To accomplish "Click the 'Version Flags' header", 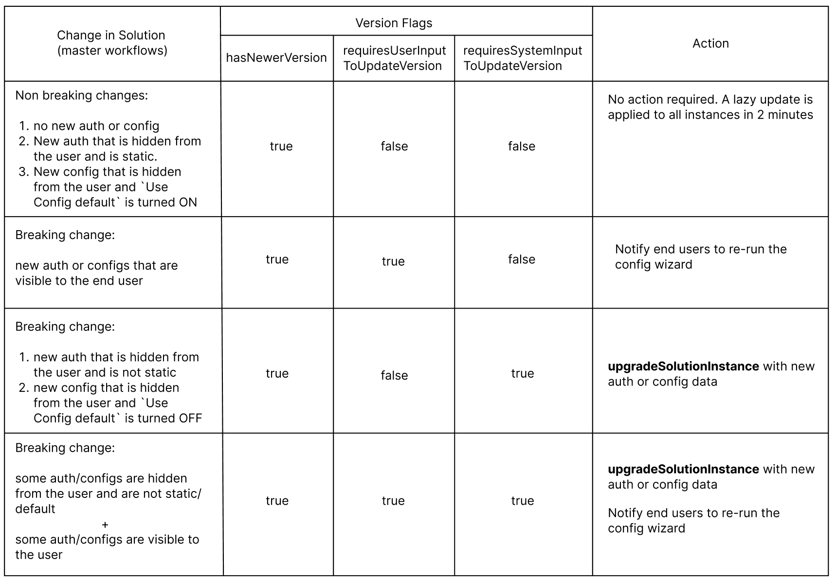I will coord(393,23).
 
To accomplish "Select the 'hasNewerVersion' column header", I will coord(276,57).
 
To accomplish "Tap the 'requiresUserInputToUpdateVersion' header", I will coord(394,58).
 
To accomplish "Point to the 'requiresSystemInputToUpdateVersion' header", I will coord(522,58).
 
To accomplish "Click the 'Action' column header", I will coord(710,43).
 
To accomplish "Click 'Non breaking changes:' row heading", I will coord(81,95).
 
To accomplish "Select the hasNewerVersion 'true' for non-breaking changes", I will coord(281,146).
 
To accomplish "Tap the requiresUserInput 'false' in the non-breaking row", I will coord(394,146).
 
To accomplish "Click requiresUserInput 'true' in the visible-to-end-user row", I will coord(393,261).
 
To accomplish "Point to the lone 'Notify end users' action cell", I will coord(700,256).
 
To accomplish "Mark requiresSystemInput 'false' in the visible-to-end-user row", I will coord(522,259).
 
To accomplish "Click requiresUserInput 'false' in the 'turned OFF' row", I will coord(394,375).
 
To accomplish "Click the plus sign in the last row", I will coord(105,525).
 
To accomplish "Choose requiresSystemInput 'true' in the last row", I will coord(522,501).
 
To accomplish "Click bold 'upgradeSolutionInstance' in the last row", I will coord(683,469).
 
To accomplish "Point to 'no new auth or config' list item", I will coord(96,126).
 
